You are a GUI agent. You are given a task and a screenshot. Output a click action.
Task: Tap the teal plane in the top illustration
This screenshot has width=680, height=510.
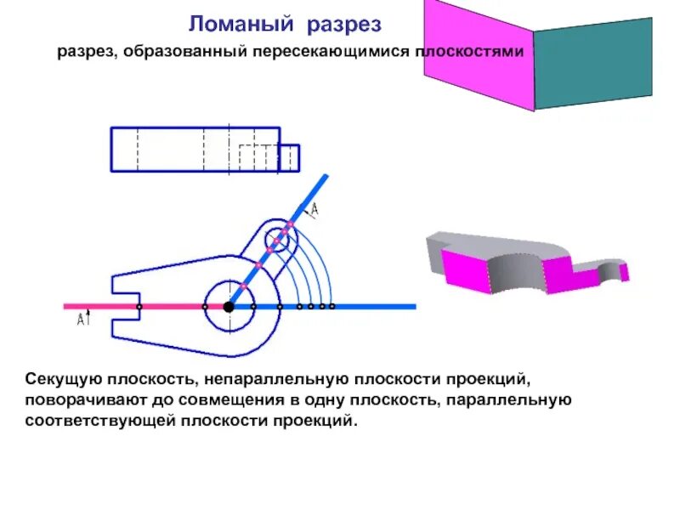click(x=592, y=64)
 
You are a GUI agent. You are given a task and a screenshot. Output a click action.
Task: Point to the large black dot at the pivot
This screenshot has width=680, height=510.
click(x=229, y=306)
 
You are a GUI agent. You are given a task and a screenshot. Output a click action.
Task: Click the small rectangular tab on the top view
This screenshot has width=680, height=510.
click(x=289, y=158)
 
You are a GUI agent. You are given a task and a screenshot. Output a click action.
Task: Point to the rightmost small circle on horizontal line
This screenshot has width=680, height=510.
click(x=332, y=306)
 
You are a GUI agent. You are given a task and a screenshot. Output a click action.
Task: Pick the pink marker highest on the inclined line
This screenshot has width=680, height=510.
click(x=290, y=224)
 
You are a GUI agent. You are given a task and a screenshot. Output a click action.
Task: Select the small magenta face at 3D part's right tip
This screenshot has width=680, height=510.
click(x=624, y=271)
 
